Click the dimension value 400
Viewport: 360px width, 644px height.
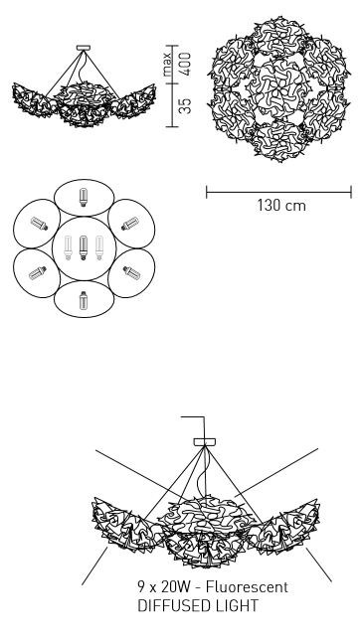(185, 64)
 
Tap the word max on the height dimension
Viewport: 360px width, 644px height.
(167, 65)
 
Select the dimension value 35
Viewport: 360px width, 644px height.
(185, 105)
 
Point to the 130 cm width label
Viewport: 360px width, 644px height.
(281, 206)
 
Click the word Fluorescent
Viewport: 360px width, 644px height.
(247, 587)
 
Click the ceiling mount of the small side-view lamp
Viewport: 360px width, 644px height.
(84, 48)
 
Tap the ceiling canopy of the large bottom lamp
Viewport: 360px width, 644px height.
(205, 442)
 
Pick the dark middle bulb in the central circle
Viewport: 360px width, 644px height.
(84, 247)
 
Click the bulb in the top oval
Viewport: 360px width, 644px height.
(84, 197)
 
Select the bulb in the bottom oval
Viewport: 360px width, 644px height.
(84, 300)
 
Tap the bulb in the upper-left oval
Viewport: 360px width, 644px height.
(39, 224)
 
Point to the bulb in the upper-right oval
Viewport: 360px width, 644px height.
(130, 224)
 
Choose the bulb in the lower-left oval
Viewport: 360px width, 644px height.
(38, 273)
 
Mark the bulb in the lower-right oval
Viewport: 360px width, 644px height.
(131, 272)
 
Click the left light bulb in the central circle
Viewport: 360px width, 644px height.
(69, 247)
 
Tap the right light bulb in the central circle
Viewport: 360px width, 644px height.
(99, 247)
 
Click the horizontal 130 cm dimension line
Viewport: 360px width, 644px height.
(278, 192)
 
